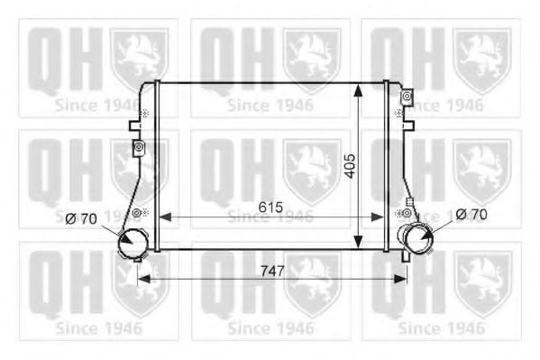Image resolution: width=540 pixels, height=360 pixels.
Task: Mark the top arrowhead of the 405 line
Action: coord(359,88)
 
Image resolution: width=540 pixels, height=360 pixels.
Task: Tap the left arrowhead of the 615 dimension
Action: coord(164,217)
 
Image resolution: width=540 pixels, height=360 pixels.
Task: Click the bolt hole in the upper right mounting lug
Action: coord(407,96)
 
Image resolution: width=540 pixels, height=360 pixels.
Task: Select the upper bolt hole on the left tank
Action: coord(137,146)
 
